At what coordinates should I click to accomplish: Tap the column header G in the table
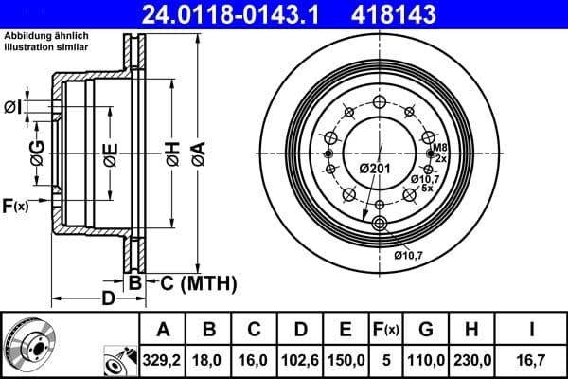click(x=426, y=330)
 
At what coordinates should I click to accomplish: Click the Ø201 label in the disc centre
click(x=375, y=169)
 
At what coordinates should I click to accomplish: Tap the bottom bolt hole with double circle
click(x=381, y=224)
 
